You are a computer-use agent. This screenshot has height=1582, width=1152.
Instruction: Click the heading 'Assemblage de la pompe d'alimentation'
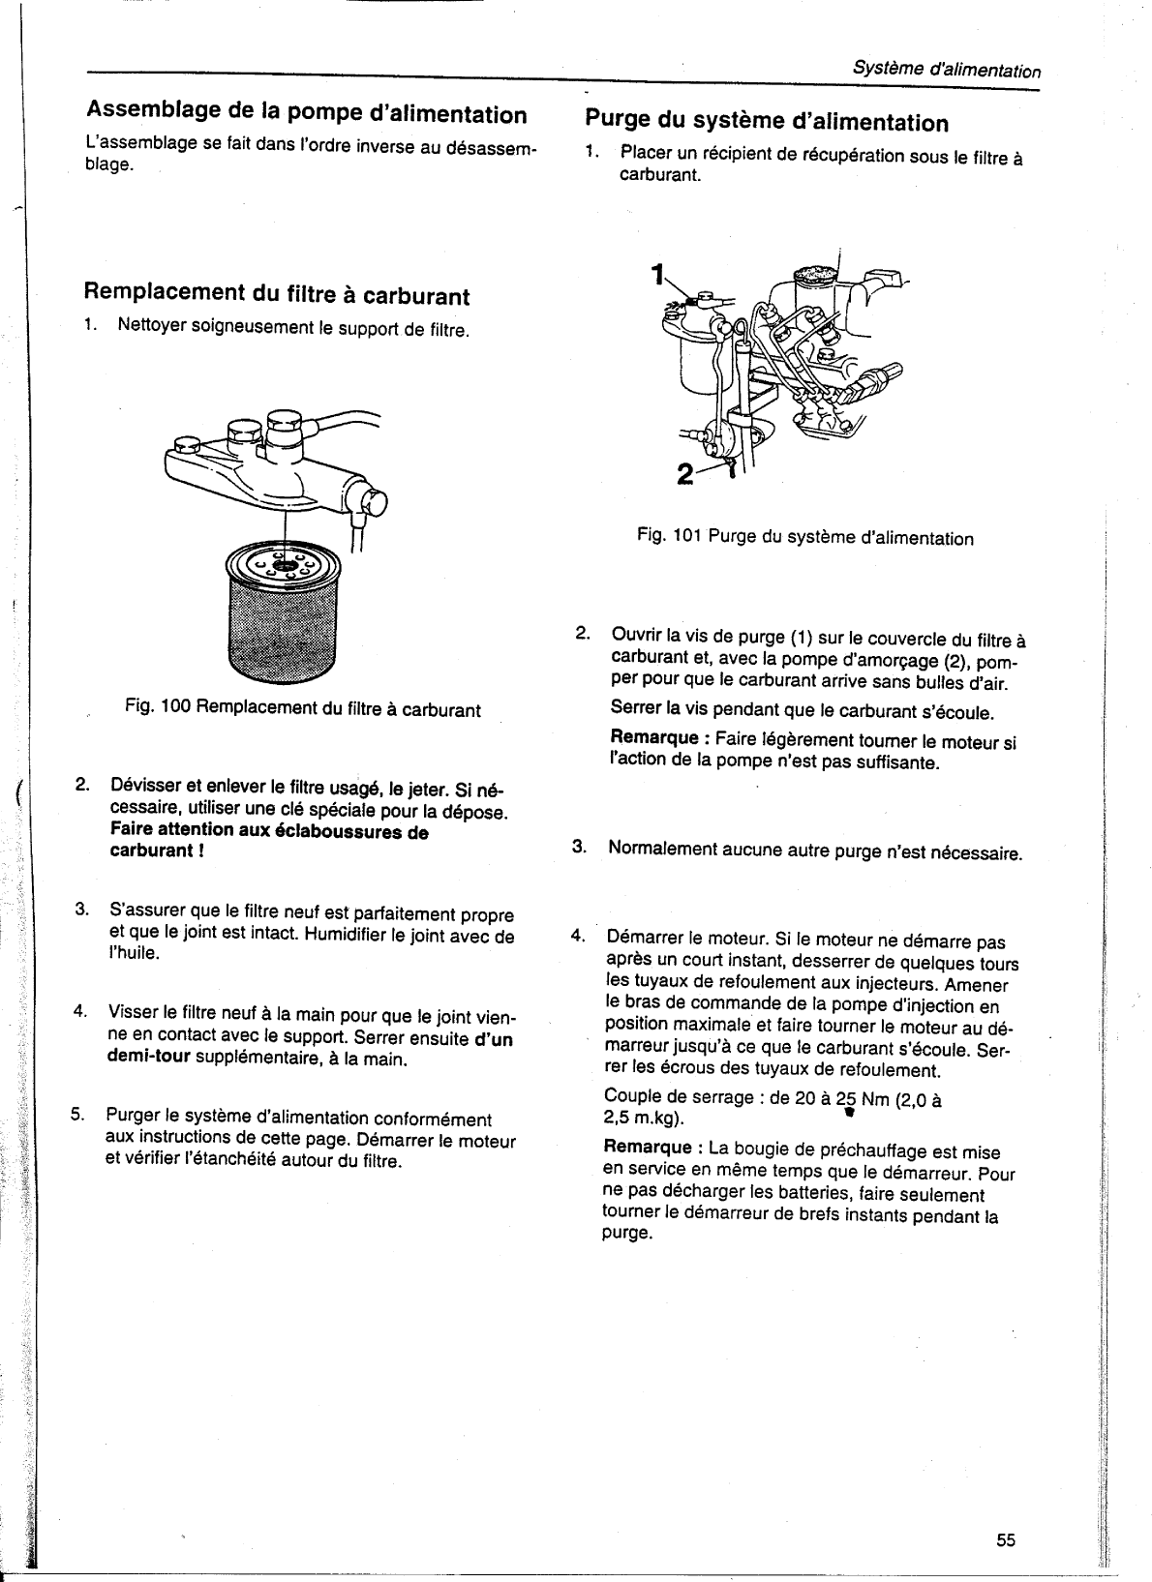click(306, 114)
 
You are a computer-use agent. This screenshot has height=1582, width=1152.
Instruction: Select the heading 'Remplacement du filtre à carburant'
click(277, 294)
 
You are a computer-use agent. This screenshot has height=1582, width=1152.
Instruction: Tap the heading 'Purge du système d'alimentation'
click(767, 122)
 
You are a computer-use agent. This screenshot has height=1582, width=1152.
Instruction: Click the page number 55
click(1006, 1540)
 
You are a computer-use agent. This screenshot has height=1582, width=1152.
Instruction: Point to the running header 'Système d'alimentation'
click(946, 71)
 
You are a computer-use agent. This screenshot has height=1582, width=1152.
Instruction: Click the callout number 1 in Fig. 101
click(657, 275)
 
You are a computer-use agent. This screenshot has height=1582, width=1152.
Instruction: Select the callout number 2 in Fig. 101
click(685, 475)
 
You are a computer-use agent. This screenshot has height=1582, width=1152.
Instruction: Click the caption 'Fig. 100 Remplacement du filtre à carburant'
click(303, 709)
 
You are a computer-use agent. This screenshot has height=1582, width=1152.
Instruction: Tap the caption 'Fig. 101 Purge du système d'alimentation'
click(805, 537)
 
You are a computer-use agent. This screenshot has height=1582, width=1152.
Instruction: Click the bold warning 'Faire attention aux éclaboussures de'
click(269, 830)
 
